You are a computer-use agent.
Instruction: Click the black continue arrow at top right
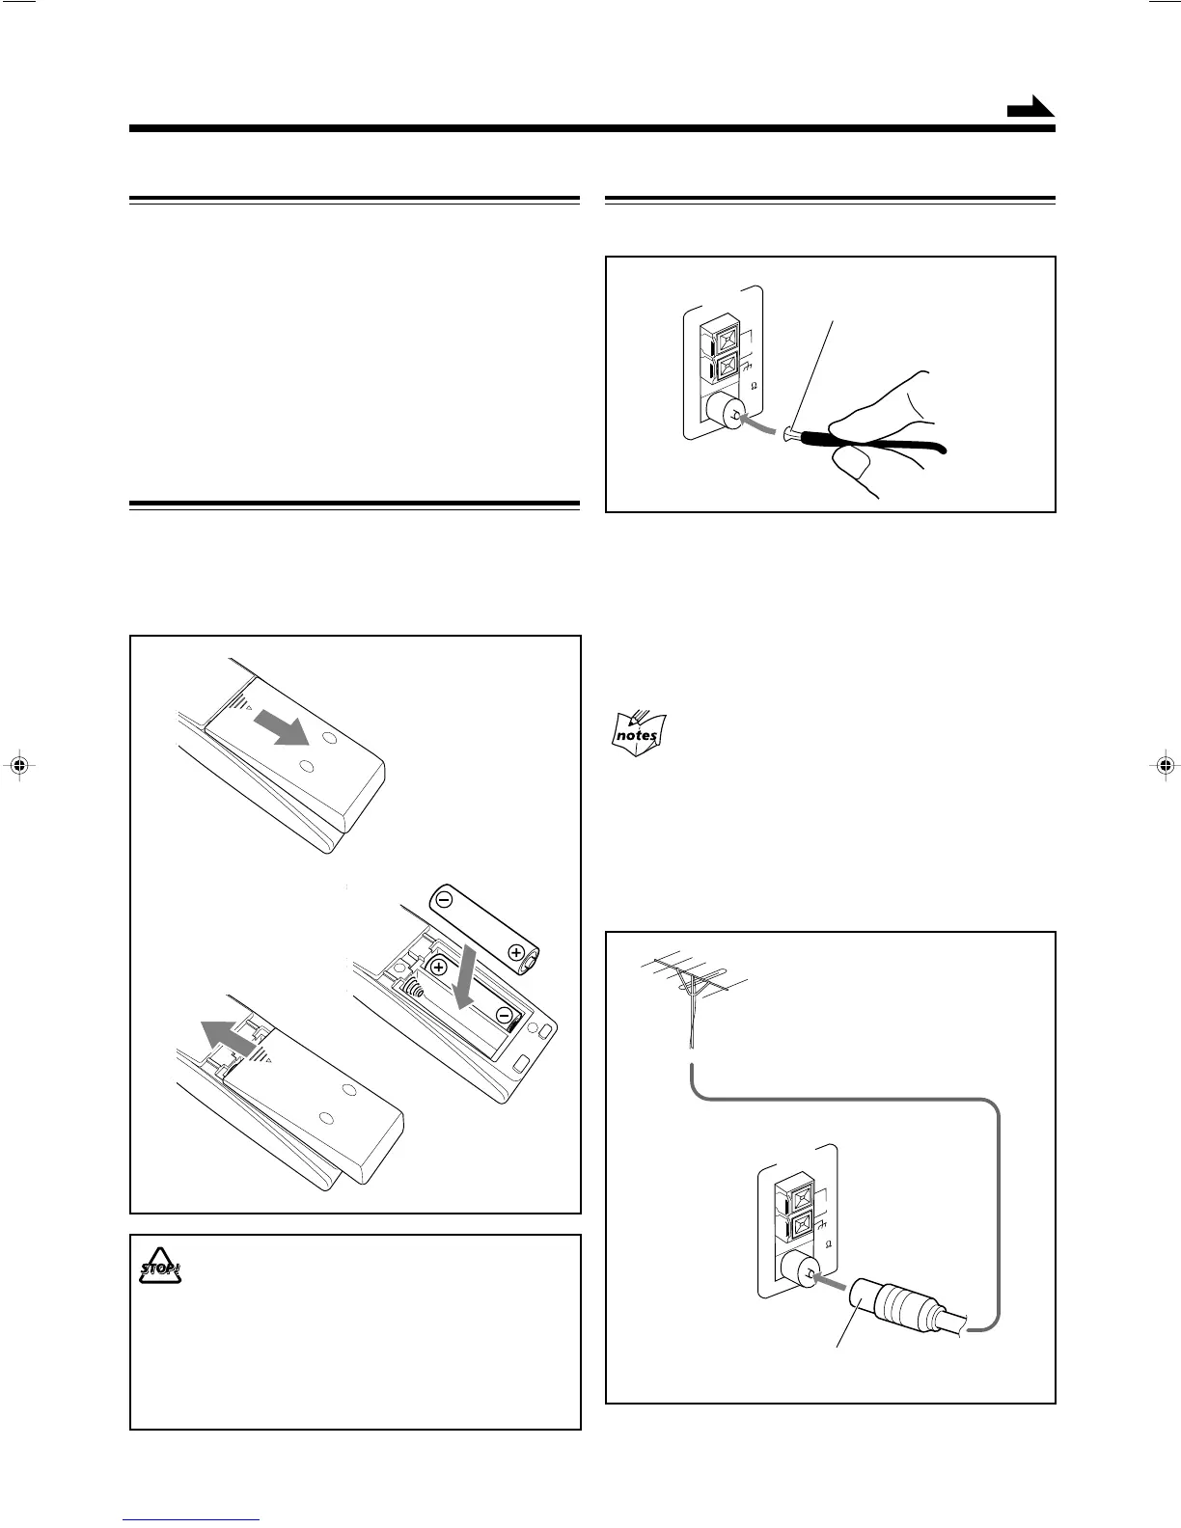[1030, 108]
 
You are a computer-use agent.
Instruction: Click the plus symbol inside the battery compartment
[439, 968]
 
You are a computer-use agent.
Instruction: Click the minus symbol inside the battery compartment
[504, 1014]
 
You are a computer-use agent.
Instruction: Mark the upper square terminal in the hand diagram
[727, 340]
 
